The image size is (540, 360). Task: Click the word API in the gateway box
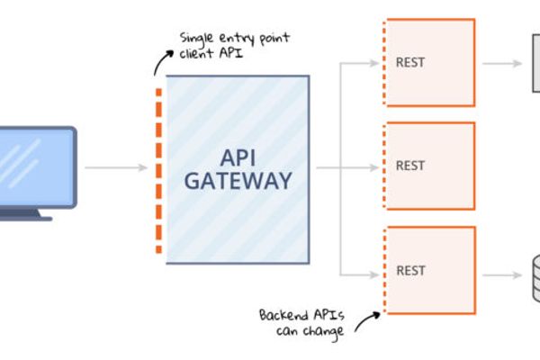click(x=238, y=156)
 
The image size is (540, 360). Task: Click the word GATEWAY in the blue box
click(x=238, y=181)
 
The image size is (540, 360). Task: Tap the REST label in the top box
click(x=410, y=63)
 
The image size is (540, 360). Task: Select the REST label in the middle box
click(x=410, y=166)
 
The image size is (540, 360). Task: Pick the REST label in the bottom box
click(x=410, y=270)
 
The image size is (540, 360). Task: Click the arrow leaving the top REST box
click(x=500, y=63)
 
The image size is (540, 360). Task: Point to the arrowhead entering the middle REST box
click(x=372, y=166)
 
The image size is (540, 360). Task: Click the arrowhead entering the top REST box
click(x=372, y=63)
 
